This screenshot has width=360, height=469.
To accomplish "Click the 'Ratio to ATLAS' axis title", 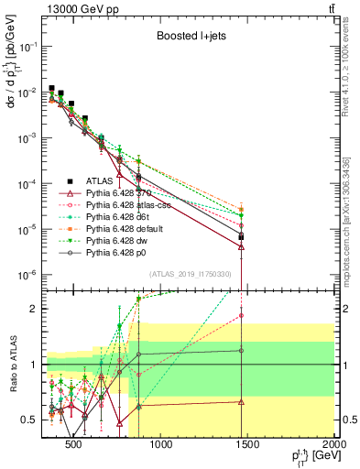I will [11, 365].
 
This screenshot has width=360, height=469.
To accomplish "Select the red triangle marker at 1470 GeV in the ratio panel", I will [241, 401].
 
